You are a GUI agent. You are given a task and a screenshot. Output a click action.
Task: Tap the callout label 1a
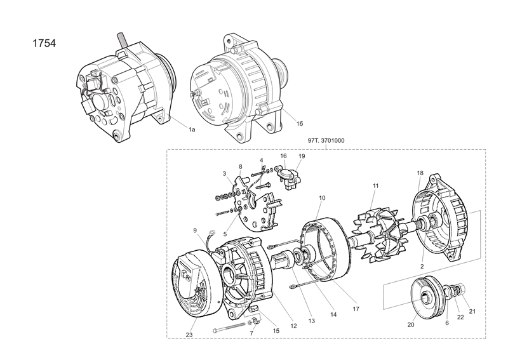[x=191, y=129]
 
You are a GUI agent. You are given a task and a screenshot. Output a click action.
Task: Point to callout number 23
[x=189, y=335]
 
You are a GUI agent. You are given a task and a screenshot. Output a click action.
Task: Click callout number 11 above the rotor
[x=375, y=185]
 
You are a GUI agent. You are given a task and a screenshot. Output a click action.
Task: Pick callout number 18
[x=420, y=173]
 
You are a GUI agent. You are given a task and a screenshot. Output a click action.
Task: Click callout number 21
[x=472, y=310]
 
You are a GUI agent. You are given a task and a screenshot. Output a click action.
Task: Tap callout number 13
[x=311, y=322]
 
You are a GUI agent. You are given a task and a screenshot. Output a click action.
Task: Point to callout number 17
[x=356, y=309]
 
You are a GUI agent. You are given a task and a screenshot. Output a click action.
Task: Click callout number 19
[x=302, y=156]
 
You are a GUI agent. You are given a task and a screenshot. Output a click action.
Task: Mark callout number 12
[x=293, y=326]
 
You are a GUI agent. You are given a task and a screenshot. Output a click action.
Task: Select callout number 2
[x=422, y=266]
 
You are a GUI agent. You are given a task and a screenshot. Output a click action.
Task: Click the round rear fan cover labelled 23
[x=193, y=286]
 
